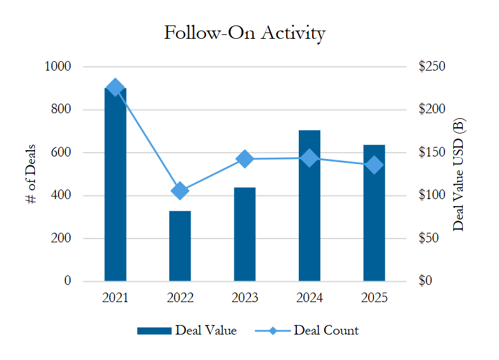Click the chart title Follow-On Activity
click(x=244, y=33)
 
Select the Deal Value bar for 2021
click(x=115, y=191)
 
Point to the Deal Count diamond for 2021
click(x=115, y=88)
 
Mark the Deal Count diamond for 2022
click(x=180, y=190)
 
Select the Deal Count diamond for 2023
click(x=245, y=159)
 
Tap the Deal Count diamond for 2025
click(x=374, y=165)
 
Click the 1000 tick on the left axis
click(x=58, y=67)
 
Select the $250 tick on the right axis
click(x=432, y=67)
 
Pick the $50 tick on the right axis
click(x=430, y=239)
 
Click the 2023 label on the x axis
click(x=245, y=298)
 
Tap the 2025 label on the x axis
click(x=374, y=298)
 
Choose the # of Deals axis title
click(x=31, y=174)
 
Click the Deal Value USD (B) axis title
click(x=460, y=174)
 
